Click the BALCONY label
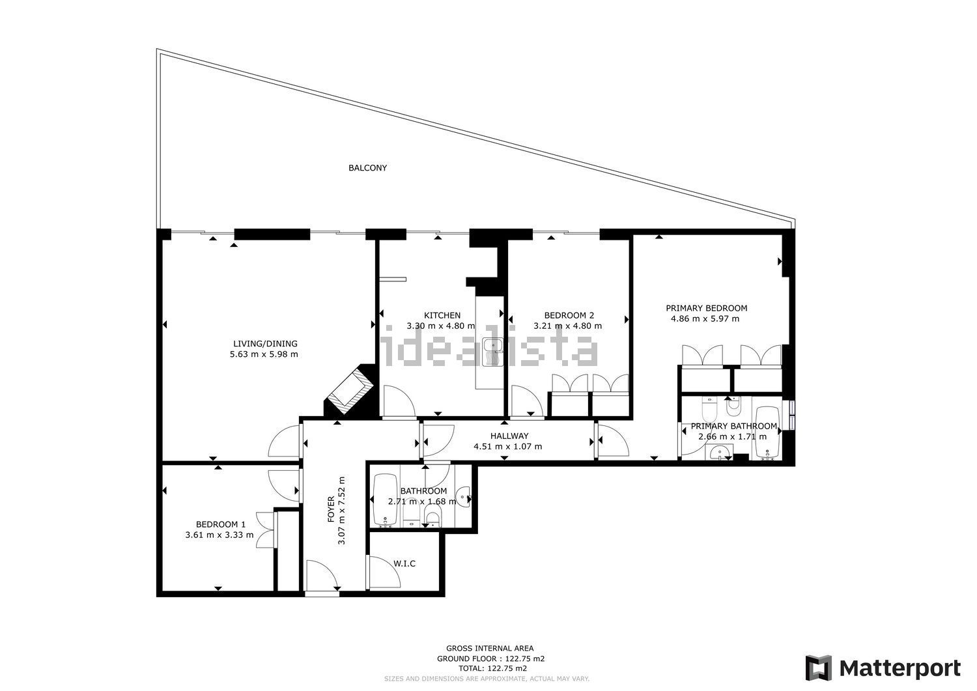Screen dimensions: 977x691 click(x=367, y=167)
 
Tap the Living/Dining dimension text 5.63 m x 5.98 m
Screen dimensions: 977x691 click(x=264, y=354)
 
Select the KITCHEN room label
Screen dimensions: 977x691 click(x=442, y=315)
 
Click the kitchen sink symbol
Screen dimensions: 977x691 click(x=493, y=352)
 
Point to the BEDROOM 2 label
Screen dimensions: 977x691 click(x=569, y=315)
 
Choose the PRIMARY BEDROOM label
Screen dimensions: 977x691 click(x=707, y=308)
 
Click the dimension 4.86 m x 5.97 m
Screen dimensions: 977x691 click(x=705, y=318)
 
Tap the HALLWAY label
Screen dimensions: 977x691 click(x=509, y=436)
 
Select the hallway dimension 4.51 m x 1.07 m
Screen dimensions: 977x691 click(x=507, y=446)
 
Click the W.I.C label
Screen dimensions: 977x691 click(x=404, y=563)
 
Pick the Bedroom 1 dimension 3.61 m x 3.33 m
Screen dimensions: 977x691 click(x=219, y=535)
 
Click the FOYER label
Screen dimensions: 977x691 click(x=331, y=509)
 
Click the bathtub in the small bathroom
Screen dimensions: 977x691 click(x=386, y=500)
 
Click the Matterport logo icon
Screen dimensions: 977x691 click(x=819, y=668)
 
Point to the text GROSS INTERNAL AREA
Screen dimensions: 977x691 click(x=490, y=648)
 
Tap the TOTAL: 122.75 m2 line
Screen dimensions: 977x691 click(x=492, y=668)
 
